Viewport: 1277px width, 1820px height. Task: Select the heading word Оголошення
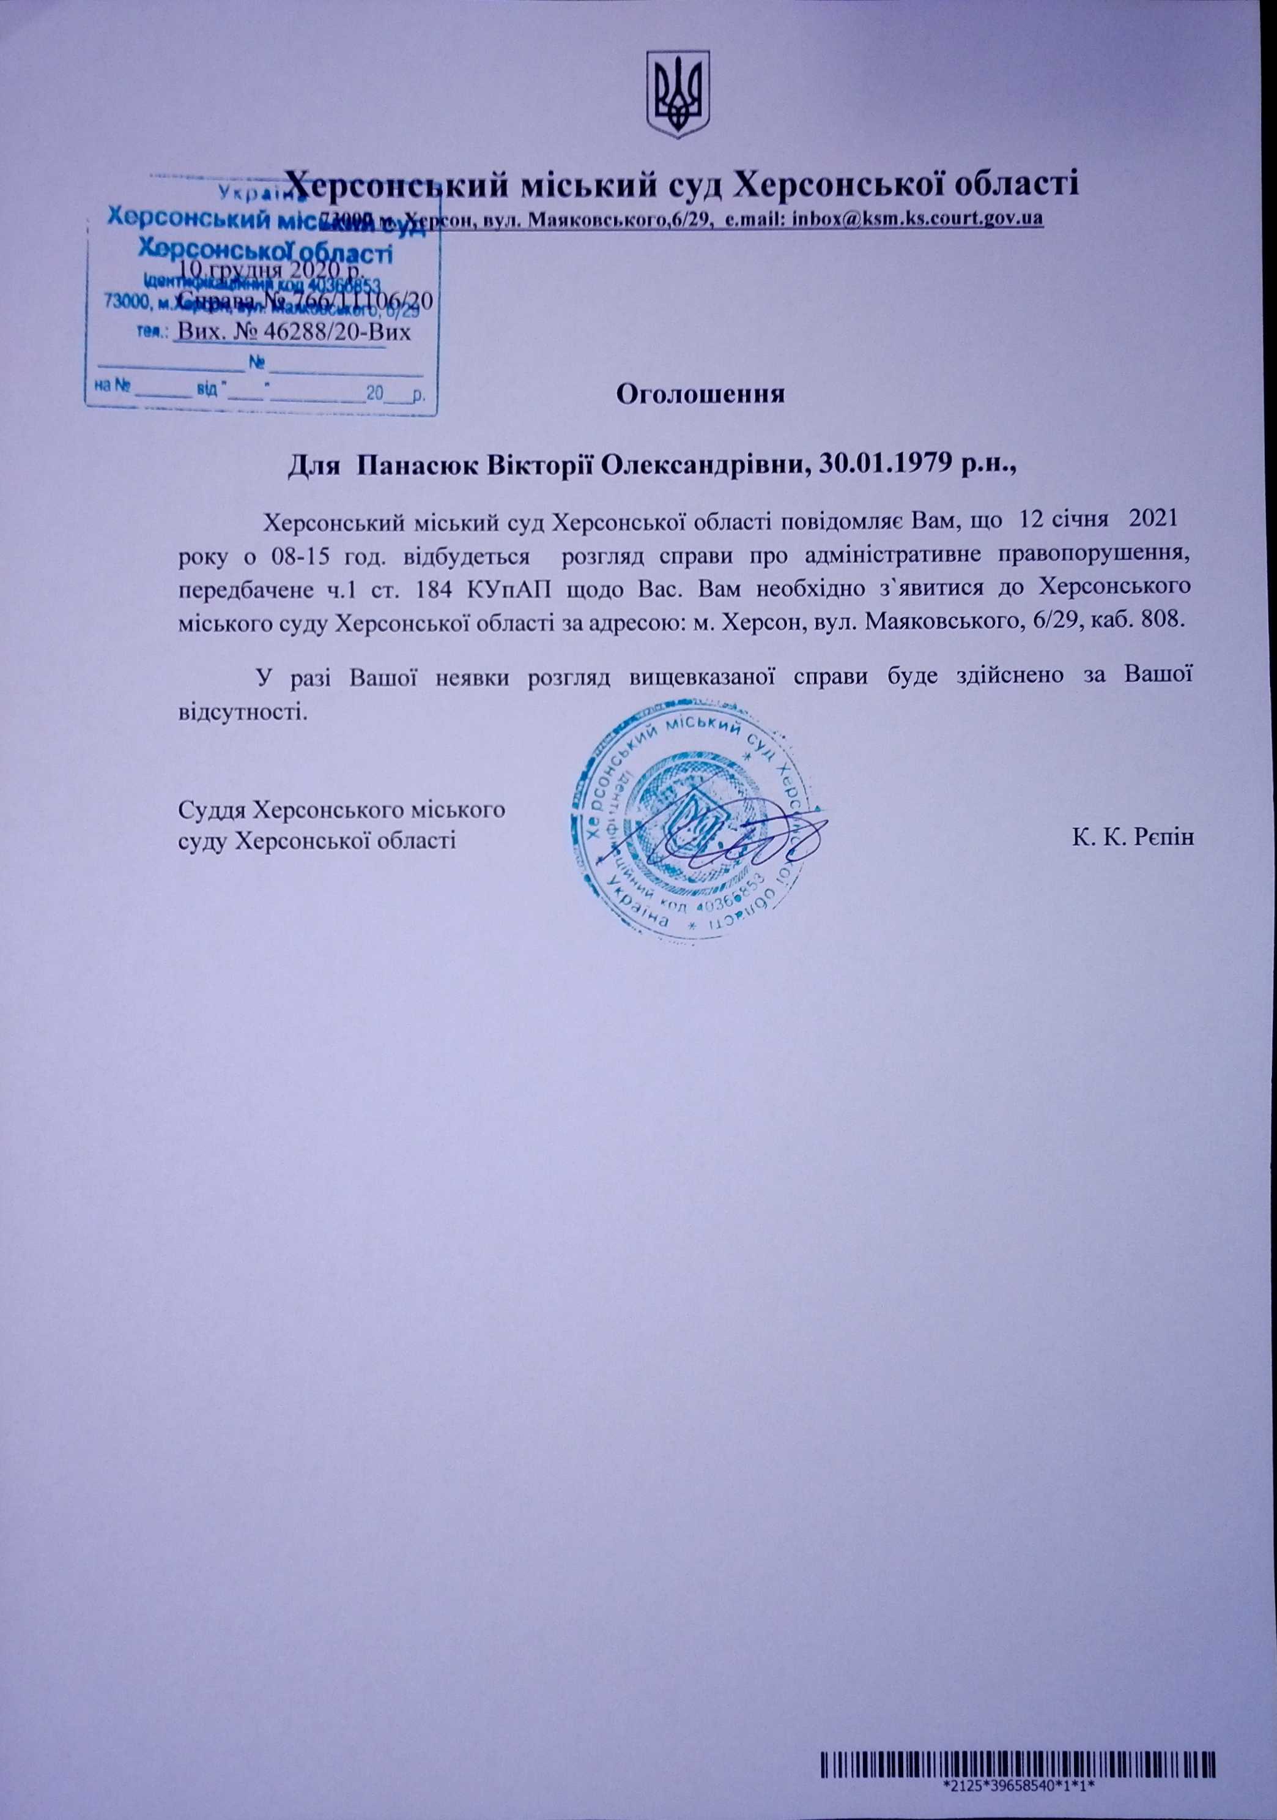click(x=700, y=394)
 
